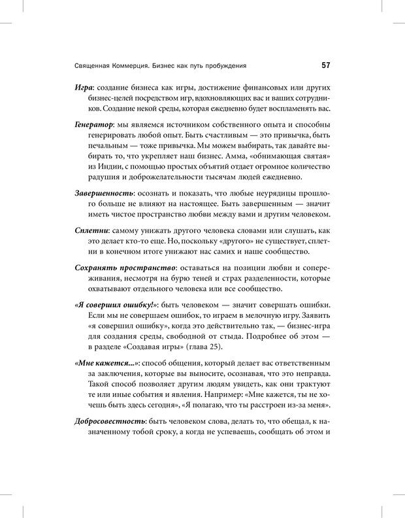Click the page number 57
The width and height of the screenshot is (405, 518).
[325, 66]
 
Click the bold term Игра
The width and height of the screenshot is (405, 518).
[86, 87]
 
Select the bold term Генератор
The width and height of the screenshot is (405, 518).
[99, 124]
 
